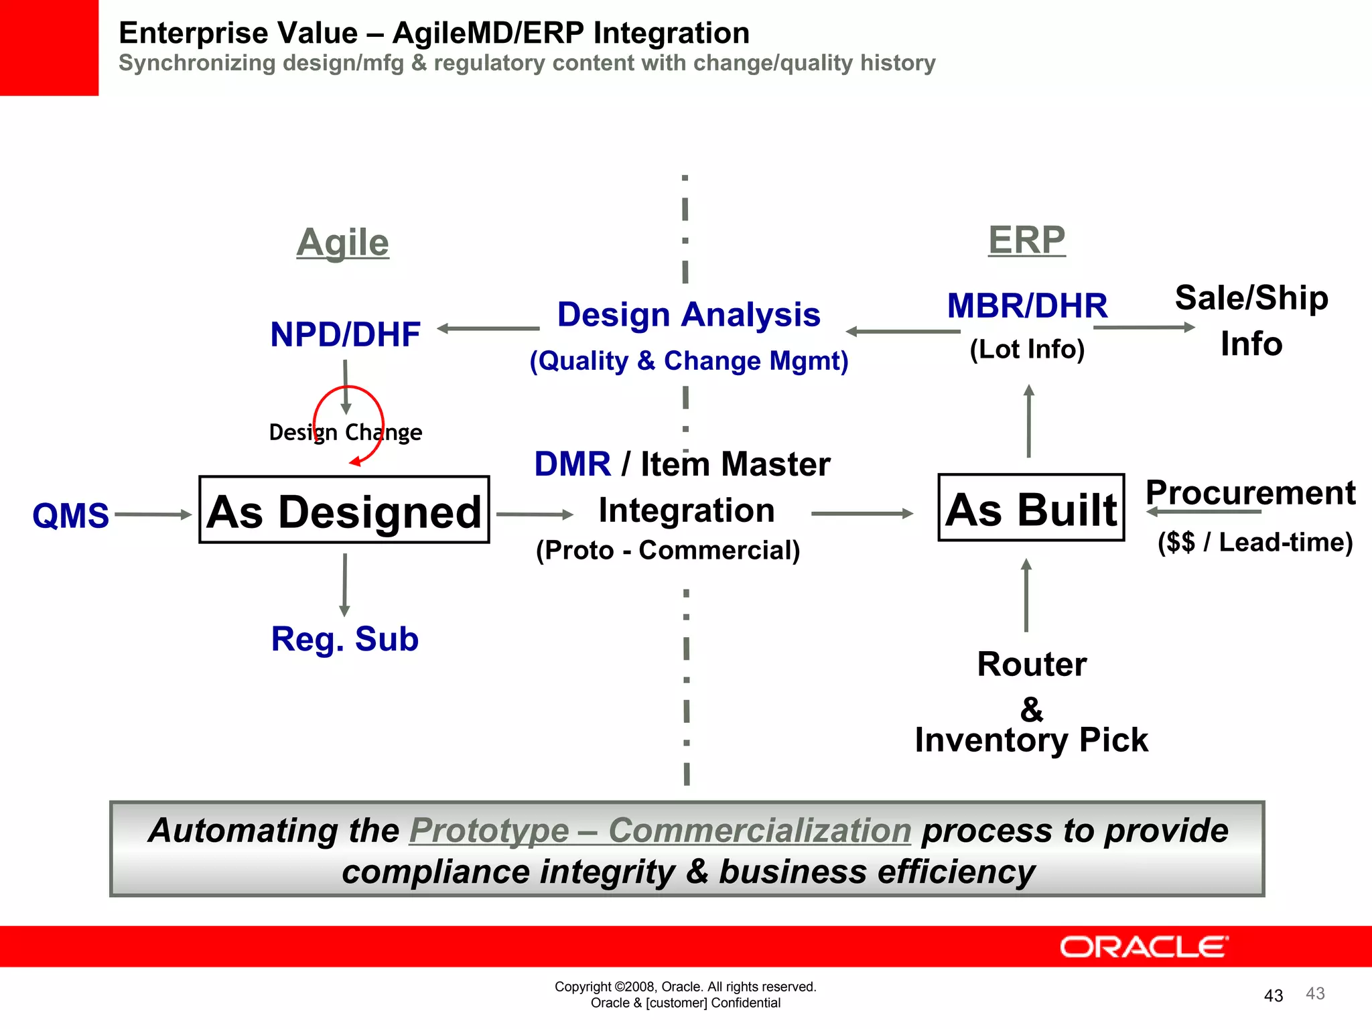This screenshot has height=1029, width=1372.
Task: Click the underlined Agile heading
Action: click(342, 243)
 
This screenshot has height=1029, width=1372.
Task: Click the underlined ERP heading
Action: click(1026, 240)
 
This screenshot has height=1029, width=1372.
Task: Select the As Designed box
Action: click(344, 510)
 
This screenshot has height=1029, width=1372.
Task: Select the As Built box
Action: click(1031, 508)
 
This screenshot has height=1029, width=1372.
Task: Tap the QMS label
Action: click(70, 516)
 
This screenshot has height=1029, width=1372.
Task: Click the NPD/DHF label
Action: click(345, 334)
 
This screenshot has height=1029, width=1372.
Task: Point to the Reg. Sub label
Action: click(345, 639)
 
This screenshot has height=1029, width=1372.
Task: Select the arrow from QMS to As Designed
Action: click(153, 514)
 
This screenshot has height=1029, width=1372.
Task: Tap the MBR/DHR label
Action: click(1027, 306)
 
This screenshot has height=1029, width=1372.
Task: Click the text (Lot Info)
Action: click(1027, 349)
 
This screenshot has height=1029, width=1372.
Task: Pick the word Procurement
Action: click(1250, 493)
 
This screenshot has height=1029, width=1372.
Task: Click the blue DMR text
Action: click(573, 464)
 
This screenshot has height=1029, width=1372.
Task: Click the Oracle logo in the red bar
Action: click(1144, 947)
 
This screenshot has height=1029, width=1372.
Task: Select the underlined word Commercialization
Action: click(760, 831)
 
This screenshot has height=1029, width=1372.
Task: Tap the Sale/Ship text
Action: click(1251, 298)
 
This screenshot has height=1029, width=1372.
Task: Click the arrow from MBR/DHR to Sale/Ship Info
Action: click(1144, 328)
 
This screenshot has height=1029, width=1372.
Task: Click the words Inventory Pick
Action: click(1031, 740)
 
